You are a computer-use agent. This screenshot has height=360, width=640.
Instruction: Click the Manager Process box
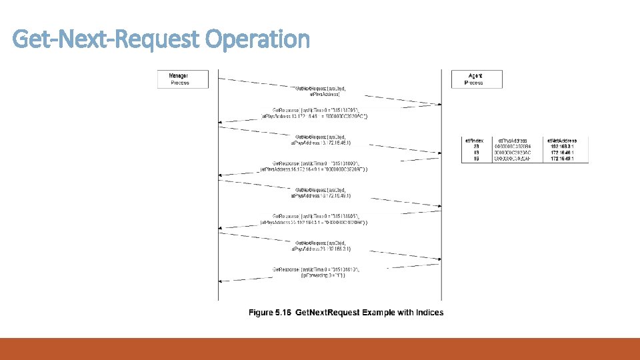[x=182, y=79]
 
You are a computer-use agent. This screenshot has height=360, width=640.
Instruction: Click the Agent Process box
[x=477, y=79]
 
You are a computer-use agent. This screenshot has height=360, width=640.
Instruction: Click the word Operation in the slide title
[x=257, y=39]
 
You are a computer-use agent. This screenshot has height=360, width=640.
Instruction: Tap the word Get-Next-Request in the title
[x=107, y=39]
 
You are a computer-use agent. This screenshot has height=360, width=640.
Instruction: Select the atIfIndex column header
[x=474, y=141]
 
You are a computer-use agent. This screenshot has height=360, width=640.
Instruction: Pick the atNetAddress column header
[x=561, y=141]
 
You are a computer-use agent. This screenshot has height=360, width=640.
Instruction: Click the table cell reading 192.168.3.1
[x=564, y=147]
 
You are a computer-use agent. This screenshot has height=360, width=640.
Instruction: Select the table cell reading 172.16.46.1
[x=564, y=153]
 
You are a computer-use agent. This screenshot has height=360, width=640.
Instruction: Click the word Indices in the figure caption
[x=427, y=313]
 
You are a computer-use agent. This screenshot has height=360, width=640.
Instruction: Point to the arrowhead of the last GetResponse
[x=221, y=283]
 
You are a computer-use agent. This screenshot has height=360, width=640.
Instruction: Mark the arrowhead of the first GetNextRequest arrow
[x=437, y=105]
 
